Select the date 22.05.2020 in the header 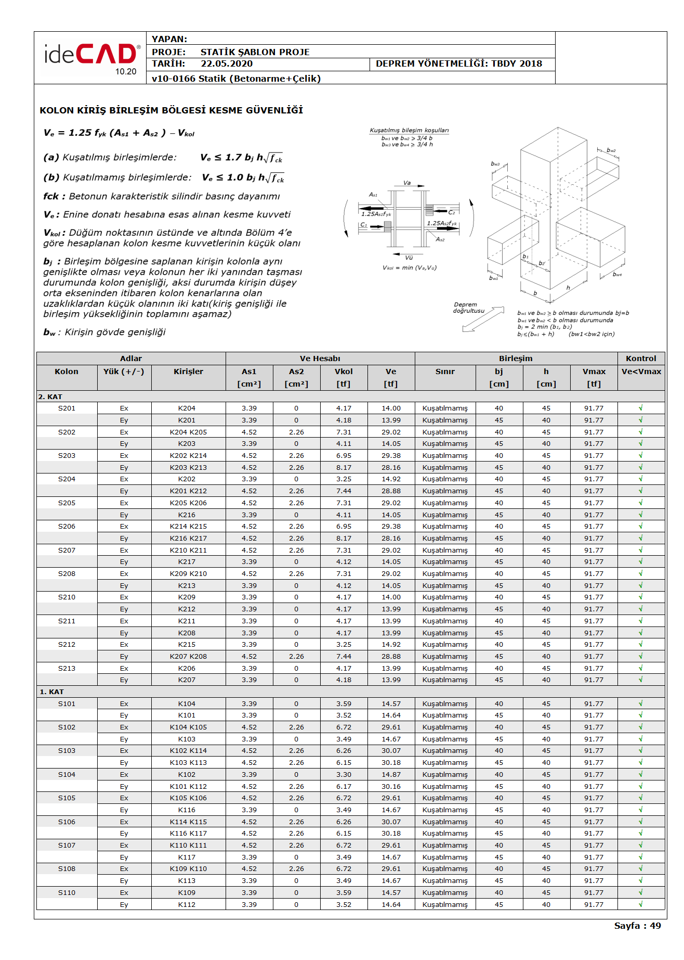point(227,63)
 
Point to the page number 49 point(655,926)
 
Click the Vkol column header point(344,372)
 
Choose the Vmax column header point(594,372)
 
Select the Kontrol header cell point(641,359)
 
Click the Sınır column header point(445,372)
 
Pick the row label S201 point(67,408)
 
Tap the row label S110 point(67,893)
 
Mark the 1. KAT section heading point(52,692)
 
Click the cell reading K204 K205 point(188,432)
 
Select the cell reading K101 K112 point(188,787)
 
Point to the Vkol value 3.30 point(344,775)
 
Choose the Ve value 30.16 point(391,787)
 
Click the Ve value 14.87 point(391,775)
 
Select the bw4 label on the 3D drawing point(617,274)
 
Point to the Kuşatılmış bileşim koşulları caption point(409,130)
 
